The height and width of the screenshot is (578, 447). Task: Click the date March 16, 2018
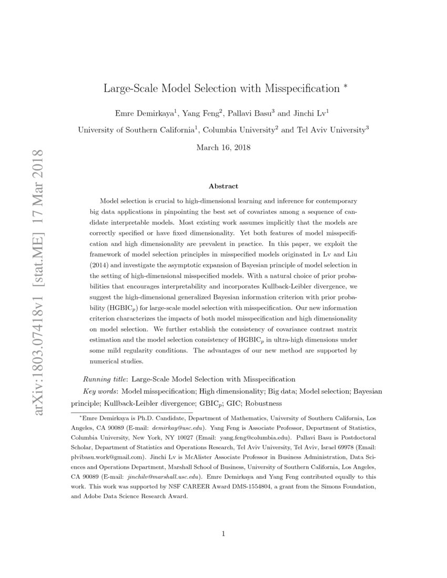tap(223, 148)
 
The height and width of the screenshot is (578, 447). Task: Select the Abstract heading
tap(223, 186)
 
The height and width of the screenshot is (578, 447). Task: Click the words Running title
tap(105, 379)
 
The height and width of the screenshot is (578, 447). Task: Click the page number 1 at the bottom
tap(223, 534)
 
